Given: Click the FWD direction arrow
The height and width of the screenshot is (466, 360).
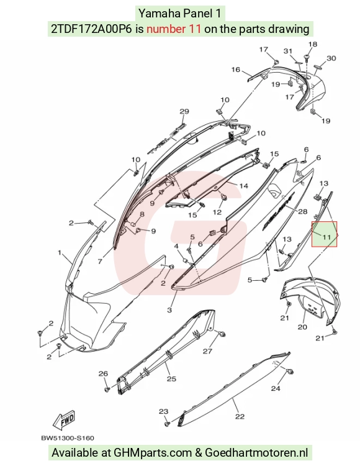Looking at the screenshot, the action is (x=63, y=419).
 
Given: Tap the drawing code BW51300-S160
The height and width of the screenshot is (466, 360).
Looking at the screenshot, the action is (x=68, y=438).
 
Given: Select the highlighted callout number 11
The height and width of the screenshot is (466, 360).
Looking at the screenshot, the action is (x=326, y=237).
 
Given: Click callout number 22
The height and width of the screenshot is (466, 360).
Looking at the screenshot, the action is (x=240, y=416).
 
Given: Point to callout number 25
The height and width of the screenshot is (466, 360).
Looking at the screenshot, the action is (x=171, y=378).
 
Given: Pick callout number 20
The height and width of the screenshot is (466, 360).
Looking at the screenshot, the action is (x=302, y=327).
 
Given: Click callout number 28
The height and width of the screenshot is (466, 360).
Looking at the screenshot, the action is (x=303, y=211).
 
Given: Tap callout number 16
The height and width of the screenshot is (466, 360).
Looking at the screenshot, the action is (x=236, y=70).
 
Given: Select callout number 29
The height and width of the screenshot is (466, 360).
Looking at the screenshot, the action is (x=184, y=111).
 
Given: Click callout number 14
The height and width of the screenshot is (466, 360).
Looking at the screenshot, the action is (x=244, y=186).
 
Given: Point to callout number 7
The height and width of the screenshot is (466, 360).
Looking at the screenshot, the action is (x=100, y=261).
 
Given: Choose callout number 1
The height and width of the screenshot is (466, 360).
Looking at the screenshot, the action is (x=60, y=253).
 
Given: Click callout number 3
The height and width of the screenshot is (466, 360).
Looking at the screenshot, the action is (x=169, y=310).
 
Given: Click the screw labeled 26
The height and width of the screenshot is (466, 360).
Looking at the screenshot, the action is (x=107, y=389).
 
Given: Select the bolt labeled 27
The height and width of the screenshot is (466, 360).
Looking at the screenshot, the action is (x=222, y=334).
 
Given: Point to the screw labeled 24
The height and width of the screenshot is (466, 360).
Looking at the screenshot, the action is (x=290, y=371).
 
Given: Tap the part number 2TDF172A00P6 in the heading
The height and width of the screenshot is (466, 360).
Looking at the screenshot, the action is (x=91, y=29).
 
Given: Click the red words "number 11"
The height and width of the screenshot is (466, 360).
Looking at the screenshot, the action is (x=174, y=29).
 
